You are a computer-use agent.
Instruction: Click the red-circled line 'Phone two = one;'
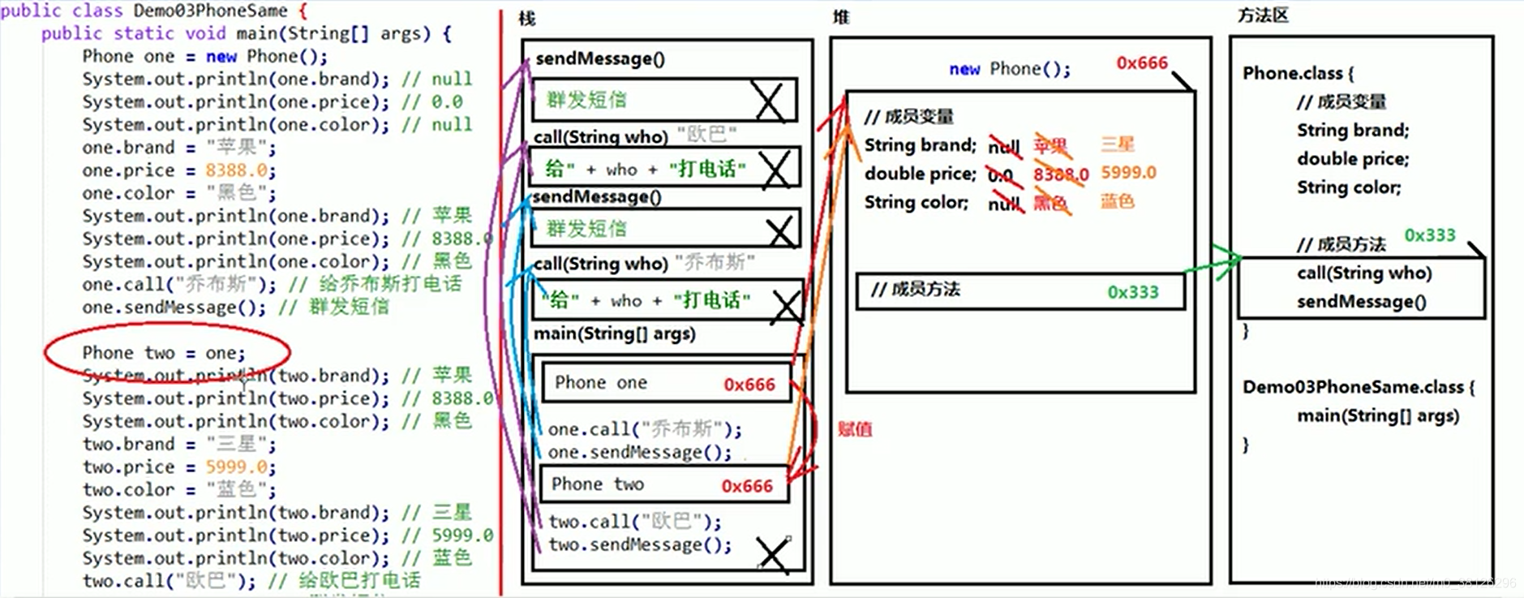point(163,353)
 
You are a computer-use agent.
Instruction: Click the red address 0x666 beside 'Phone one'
point(749,385)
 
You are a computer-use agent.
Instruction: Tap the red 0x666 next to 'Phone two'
point(747,486)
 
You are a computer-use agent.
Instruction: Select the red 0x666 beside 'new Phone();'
point(1141,63)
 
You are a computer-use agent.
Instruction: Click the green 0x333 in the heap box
point(1133,292)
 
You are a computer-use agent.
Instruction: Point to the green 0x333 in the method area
point(1429,235)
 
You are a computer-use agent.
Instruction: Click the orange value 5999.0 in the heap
point(1128,173)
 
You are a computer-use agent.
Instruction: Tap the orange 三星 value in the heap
point(1117,144)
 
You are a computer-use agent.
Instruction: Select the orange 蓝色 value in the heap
point(1117,201)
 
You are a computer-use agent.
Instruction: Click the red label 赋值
point(855,429)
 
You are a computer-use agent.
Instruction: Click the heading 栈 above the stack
point(527,18)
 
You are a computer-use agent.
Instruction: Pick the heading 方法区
point(1263,15)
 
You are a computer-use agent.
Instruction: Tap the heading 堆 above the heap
point(841,17)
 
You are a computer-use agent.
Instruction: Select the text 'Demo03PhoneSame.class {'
point(1358,387)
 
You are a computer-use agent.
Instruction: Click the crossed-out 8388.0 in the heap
point(1060,174)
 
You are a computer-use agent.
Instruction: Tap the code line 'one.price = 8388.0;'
point(178,170)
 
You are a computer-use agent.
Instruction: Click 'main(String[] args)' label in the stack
point(614,333)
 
